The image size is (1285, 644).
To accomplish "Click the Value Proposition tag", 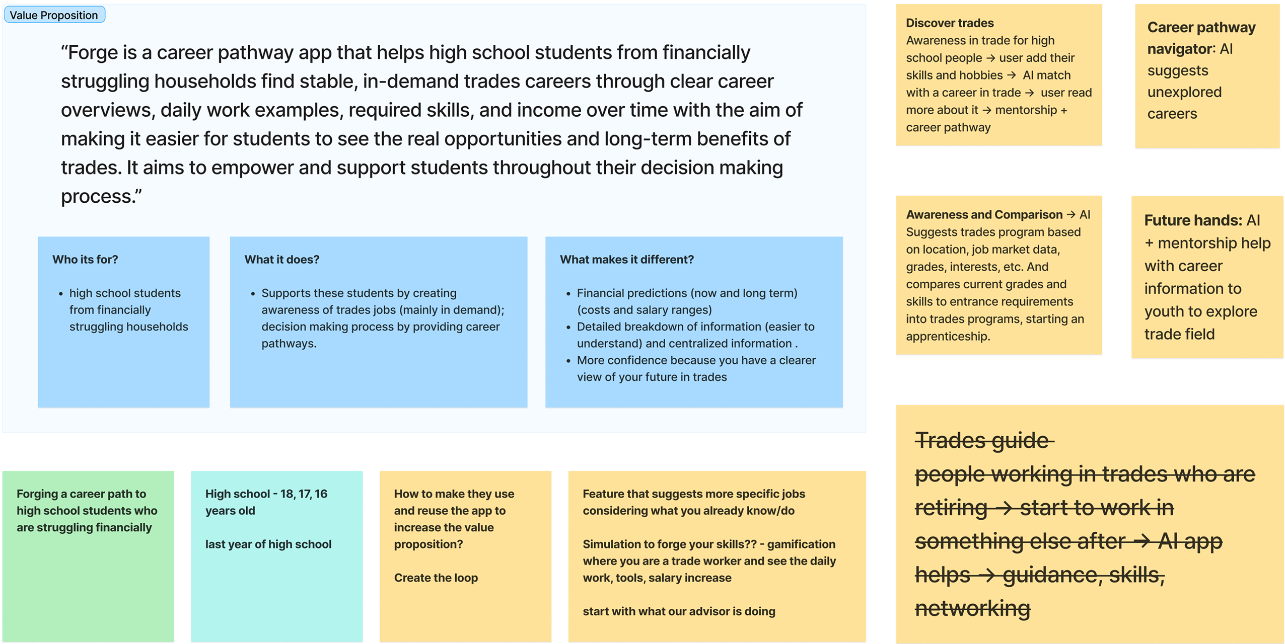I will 54,15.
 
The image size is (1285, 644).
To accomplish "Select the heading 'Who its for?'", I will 85,260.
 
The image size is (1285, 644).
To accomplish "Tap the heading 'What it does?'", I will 281,260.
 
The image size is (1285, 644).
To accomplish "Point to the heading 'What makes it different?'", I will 626,260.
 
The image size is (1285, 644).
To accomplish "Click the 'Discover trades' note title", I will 949,23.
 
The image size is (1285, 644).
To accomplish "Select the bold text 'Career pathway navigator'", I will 1200,38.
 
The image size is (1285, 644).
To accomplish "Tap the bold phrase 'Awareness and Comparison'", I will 984,215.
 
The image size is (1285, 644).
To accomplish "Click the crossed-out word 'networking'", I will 972,609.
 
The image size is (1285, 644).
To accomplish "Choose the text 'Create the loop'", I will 436,578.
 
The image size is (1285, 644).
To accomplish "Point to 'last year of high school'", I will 268,544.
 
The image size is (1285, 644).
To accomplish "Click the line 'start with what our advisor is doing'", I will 679,612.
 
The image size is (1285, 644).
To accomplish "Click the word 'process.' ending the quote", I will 101,197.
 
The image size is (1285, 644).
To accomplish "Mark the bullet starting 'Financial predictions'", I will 686,293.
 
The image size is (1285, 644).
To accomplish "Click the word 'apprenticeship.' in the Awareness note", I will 948,337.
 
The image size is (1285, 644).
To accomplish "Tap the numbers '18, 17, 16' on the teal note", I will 304,494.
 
